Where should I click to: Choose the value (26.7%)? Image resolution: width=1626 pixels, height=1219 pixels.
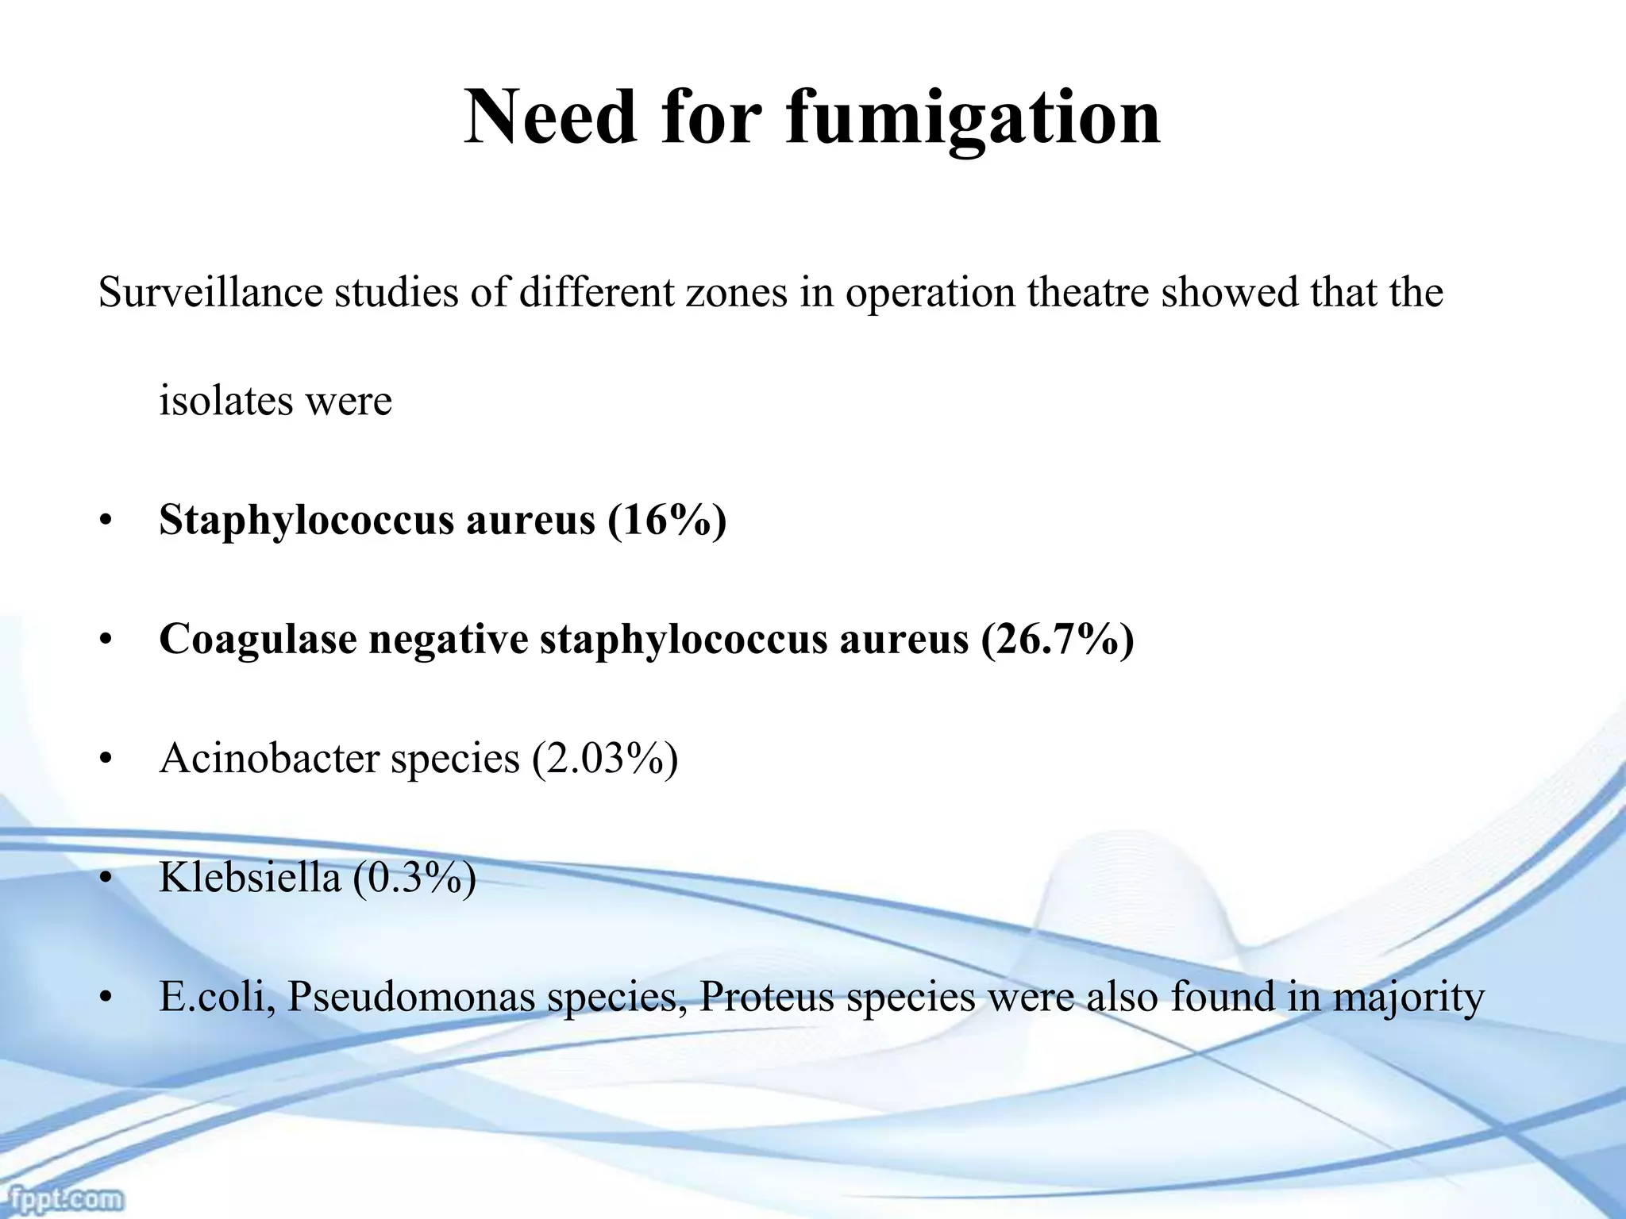pyautogui.click(x=1058, y=639)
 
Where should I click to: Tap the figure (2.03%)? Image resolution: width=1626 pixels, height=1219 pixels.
pyautogui.click(x=605, y=758)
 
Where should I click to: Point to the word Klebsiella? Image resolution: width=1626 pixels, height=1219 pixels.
pyautogui.click(x=249, y=877)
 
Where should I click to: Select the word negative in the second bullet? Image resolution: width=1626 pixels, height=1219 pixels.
pyautogui.click(x=448, y=639)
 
